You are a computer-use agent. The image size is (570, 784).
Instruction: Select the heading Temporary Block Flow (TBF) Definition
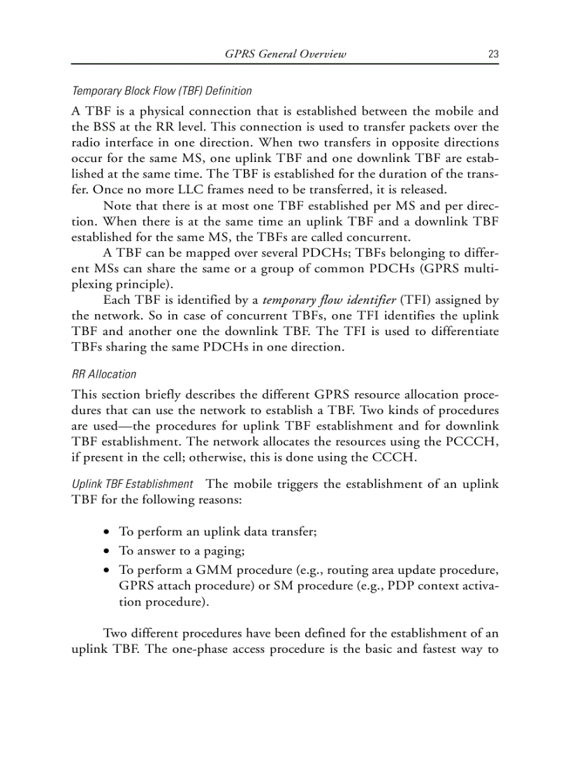162,91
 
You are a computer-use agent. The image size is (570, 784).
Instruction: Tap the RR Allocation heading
104,374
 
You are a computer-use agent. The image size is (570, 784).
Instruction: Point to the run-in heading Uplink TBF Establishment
133,484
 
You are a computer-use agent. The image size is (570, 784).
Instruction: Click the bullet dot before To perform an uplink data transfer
106,532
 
